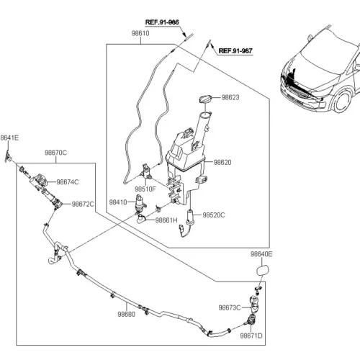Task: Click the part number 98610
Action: (140, 33)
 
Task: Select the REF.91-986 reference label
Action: (162, 22)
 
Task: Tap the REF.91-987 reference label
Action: (235, 51)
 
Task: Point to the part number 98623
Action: (230, 97)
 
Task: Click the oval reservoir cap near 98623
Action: (205, 99)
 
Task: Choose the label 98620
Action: (222, 163)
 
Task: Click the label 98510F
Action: (145, 189)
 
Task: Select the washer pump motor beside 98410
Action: (140, 204)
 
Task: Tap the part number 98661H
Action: (166, 220)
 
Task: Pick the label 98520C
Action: (214, 215)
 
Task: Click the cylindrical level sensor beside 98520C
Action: (190, 217)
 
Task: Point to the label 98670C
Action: (55, 153)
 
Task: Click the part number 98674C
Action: (68, 182)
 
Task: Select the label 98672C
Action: (83, 204)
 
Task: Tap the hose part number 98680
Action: (127, 314)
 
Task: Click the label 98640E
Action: (261, 254)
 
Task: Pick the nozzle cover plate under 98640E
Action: (264, 270)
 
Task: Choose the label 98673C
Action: (230, 307)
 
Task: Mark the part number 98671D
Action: (251, 336)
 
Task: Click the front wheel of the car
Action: (343, 101)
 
